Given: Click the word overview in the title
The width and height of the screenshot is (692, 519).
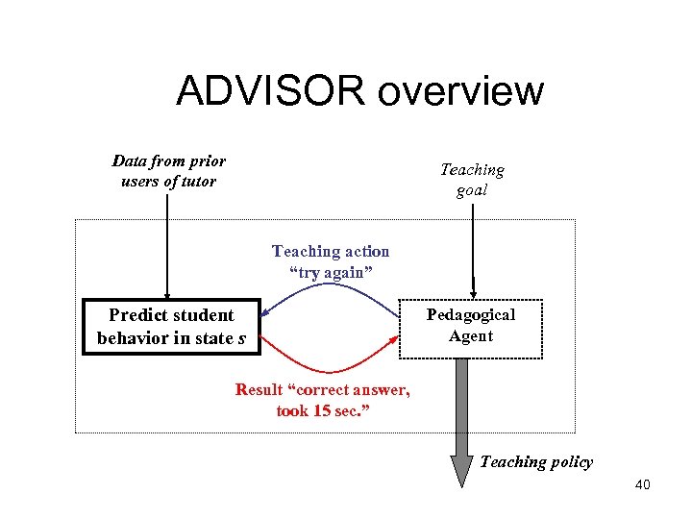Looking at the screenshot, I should tap(461, 91).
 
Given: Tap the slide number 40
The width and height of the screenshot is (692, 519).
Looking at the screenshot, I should tap(642, 485).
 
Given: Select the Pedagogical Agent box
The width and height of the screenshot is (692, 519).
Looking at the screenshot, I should tap(471, 329).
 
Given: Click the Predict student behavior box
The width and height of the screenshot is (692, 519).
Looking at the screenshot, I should tap(171, 327).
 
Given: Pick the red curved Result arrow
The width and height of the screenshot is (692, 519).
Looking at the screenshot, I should tap(330, 369).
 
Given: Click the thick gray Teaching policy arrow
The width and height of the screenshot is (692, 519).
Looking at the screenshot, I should tap(462, 413).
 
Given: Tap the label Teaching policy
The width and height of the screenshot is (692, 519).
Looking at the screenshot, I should tap(536, 462).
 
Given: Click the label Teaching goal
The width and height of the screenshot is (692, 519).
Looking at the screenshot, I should tap(471, 180).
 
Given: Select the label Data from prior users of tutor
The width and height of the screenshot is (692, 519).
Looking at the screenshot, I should tap(169, 171).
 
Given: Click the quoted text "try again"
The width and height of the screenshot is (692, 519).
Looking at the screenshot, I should tap(330, 273).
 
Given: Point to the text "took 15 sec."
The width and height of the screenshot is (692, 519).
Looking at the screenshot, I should tap(323, 411).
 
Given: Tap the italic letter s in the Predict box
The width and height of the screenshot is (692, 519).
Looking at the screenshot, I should tap(242, 339).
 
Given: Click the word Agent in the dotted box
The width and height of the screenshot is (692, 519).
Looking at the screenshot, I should tap(471, 336).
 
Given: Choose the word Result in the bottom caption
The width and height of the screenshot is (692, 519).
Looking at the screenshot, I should tap(259, 390).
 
